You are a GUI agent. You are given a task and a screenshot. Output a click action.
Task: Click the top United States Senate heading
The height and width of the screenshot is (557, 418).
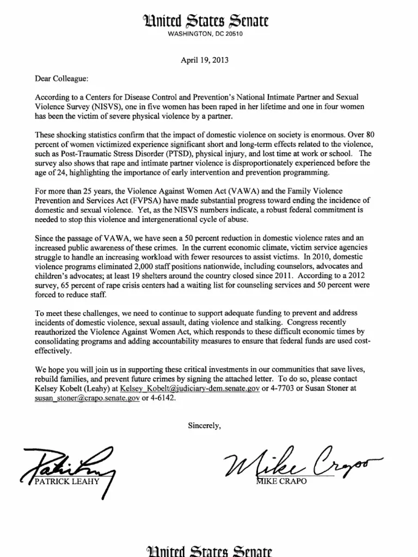pos(208,21)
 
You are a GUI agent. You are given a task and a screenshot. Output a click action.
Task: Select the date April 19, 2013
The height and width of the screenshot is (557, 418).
pos(208,60)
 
